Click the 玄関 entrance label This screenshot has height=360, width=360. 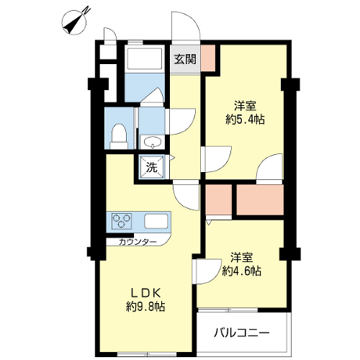[x=185, y=59]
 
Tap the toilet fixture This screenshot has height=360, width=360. [x=119, y=136]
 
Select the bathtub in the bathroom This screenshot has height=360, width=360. [x=145, y=59]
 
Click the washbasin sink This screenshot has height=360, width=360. [x=152, y=143]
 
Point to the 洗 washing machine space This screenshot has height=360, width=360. [x=152, y=167]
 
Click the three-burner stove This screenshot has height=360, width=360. [x=122, y=221]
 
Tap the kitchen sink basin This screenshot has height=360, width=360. [x=156, y=221]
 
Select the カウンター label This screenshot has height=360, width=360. [x=138, y=242]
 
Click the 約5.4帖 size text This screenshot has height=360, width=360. [x=245, y=119]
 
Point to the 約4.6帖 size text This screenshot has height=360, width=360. [x=241, y=271]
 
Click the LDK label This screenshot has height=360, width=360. [x=145, y=292]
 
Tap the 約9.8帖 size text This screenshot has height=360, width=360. [x=145, y=307]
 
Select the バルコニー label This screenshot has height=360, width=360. [x=242, y=333]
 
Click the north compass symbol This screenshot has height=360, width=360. [x=75, y=22]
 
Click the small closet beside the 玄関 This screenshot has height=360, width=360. [x=208, y=58]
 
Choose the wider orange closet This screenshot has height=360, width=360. [x=260, y=199]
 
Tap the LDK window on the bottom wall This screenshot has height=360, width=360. [x=147, y=354]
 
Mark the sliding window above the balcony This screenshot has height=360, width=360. [x=228, y=310]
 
